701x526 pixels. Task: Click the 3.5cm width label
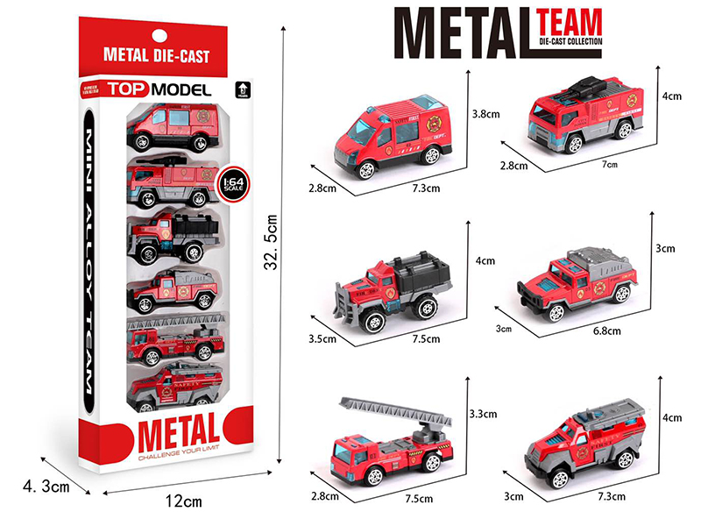(x=322, y=334)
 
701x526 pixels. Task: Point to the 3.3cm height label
(x=483, y=413)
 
